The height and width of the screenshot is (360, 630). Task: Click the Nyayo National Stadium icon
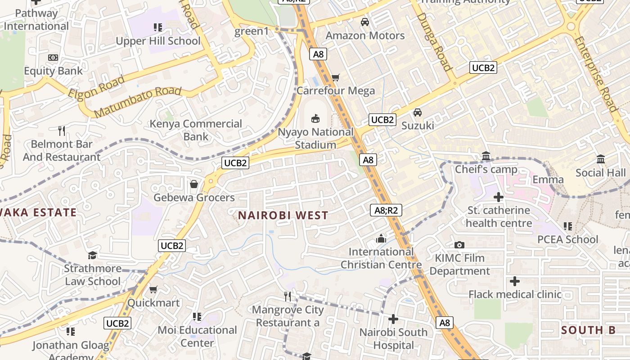click(315, 119)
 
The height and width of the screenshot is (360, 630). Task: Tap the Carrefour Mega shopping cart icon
click(335, 78)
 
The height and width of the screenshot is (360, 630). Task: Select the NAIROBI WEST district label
click(283, 216)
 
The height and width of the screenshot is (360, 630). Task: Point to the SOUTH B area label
click(588, 330)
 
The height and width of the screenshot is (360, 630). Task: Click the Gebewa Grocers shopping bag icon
click(194, 184)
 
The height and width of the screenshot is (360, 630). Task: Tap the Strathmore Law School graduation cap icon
click(92, 256)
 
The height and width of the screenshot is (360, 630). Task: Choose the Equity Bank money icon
click(53, 58)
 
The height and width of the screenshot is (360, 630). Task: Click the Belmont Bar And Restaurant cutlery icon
click(62, 131)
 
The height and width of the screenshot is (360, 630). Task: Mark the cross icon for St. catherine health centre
click(499, 197)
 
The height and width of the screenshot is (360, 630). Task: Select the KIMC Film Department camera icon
click(459, 245)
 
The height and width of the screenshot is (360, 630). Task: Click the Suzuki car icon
click(418, 112)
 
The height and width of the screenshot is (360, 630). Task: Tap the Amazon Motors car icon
click(365, 22)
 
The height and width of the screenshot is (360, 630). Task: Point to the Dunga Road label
click(434, 41)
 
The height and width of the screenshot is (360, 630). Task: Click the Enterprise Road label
click(595, 74)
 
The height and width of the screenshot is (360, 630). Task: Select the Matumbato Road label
click(138, 101)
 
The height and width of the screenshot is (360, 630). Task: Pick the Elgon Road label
click(96, 87)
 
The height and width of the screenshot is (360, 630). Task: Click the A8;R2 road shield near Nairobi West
click(386, 210)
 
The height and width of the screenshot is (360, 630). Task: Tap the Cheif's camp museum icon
click(486, 156)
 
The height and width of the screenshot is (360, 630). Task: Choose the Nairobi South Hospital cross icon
click(393, 319)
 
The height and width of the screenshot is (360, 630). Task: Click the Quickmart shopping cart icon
click(153, 289)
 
